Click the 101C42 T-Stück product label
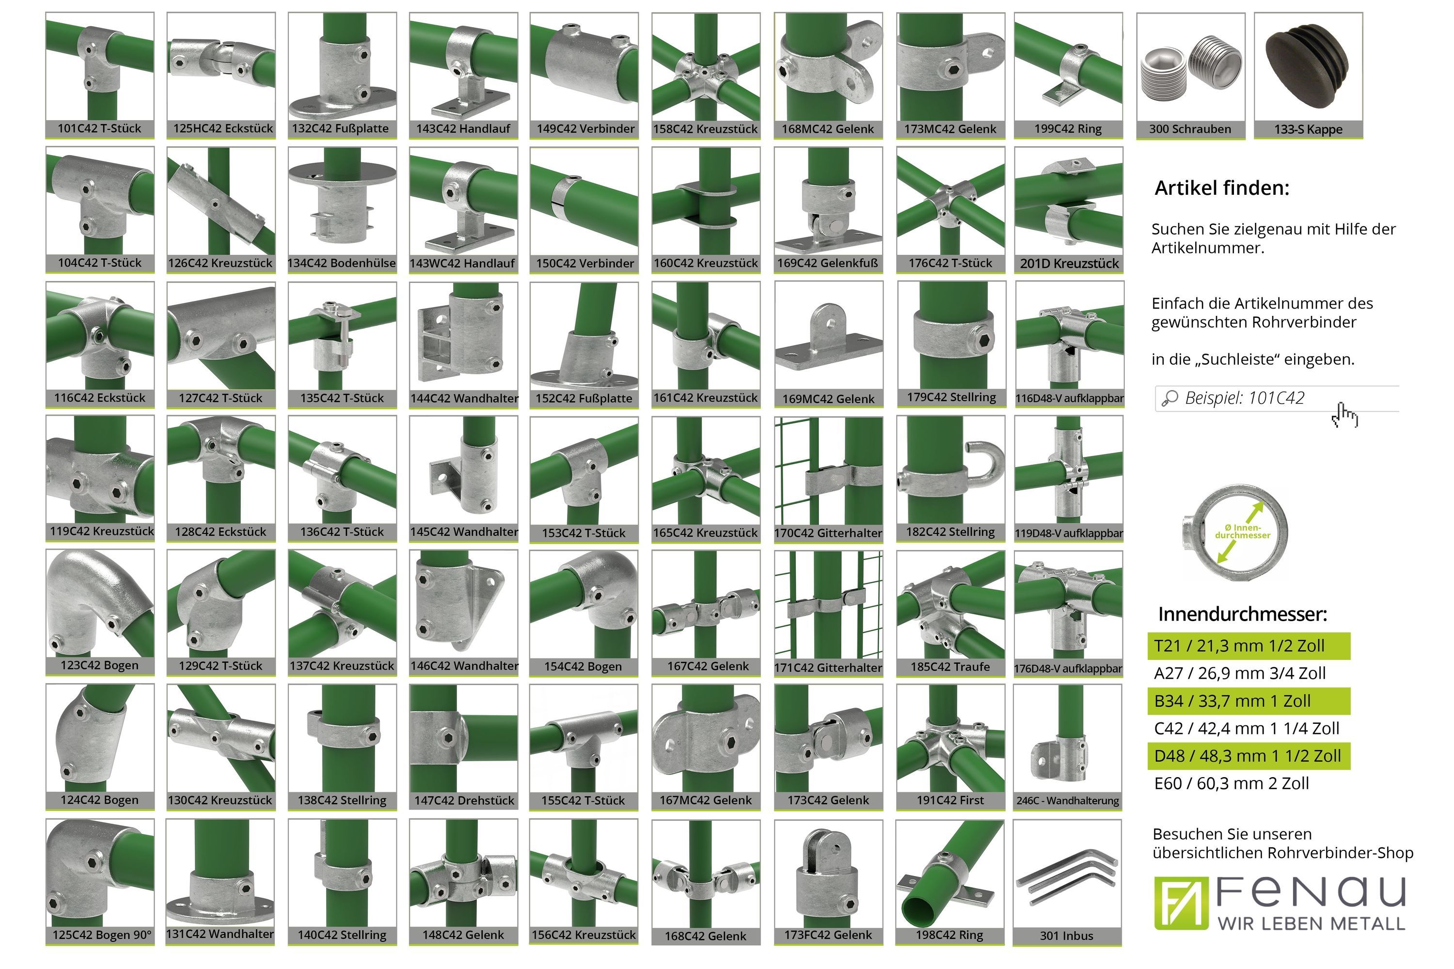tap(99, 128)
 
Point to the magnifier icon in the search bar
tap(1169, 399)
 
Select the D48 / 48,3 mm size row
tap(1248, 756)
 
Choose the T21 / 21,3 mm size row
tap(1248, 646)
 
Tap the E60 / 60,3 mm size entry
tap(1232, 783)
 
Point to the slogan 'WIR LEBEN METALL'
tap(1311, 924)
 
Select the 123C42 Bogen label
tap(99, 666)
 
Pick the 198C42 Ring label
tap(949, 935)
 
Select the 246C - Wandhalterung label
tap(1068, 801)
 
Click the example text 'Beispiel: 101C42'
tap(1245, 398)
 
